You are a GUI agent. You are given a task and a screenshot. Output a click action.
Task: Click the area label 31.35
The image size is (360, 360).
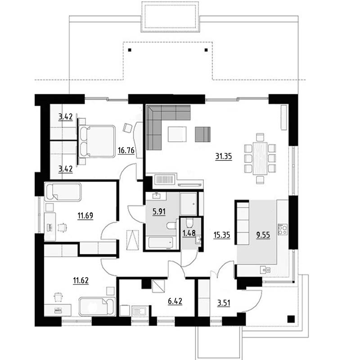[x=223, y=156]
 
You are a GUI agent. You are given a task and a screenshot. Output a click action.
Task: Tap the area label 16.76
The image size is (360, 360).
[x=126, y=151]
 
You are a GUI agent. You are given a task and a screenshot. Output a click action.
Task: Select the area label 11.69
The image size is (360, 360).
[x=85, y=216]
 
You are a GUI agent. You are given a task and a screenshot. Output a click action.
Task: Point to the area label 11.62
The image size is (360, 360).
[x=81, y=280]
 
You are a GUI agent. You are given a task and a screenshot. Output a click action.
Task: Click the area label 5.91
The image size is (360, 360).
[x=159, y=211]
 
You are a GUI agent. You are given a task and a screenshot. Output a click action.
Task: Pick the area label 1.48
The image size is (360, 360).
[x=189, y=233]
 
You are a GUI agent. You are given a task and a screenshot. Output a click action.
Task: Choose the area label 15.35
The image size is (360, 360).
[x=221, y=235]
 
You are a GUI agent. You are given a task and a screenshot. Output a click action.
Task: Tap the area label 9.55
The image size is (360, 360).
[x=263, y=235]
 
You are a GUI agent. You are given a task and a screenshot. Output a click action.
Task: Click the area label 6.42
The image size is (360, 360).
[x=175, y=301]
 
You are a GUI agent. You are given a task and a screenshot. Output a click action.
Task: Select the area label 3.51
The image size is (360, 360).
[x=224, y=303]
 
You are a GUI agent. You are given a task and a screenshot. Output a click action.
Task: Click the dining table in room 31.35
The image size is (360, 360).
[x=260, y=159]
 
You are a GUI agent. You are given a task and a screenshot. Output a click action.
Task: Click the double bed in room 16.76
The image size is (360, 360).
[x=97, y=141]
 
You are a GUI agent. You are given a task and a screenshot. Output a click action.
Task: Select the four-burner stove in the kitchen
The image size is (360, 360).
[x=283, y=229]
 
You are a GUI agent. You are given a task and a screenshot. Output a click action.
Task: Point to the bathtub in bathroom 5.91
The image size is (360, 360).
[x=161, y=243]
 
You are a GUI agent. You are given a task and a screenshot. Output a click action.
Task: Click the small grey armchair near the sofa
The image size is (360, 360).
[x=203, y=134]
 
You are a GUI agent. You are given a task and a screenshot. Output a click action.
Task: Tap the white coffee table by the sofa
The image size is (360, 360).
[x=177, y=134]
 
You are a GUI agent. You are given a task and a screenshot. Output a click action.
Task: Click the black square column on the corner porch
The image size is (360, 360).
[x=291, y=319]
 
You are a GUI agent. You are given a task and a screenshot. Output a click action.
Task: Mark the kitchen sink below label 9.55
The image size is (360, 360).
[x=265, y=270]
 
